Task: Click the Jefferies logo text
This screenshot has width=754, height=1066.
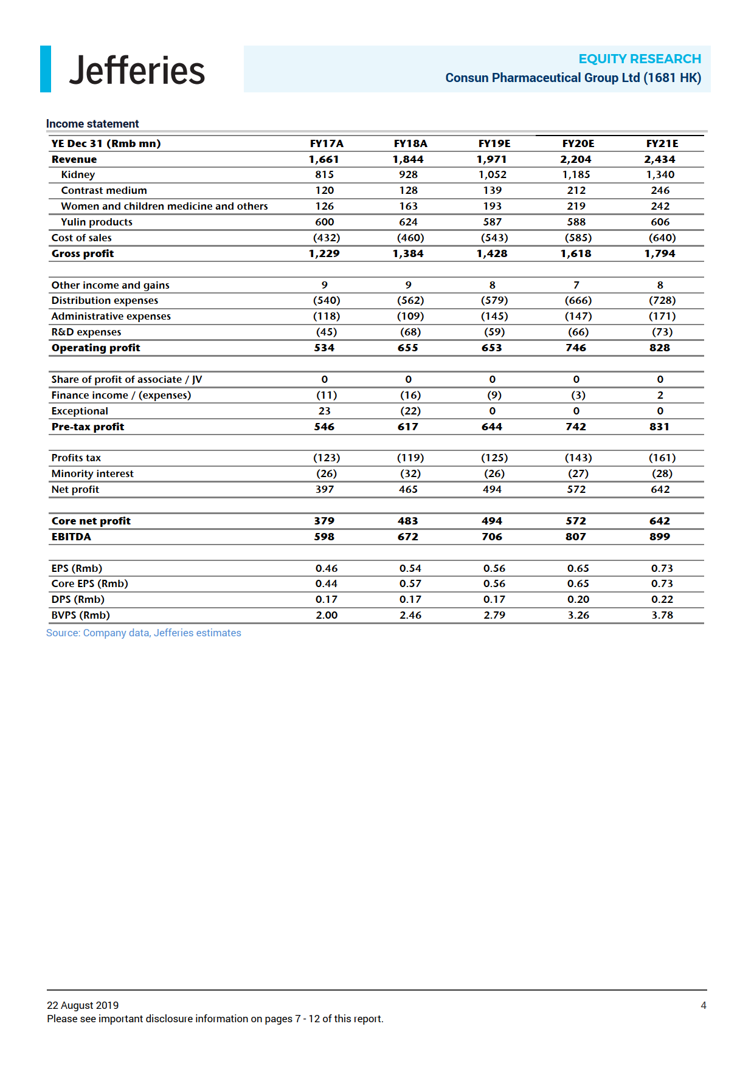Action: [137, 70]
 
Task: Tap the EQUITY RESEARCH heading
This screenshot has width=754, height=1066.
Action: [639, 59]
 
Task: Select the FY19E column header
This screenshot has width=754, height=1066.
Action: [494, 143]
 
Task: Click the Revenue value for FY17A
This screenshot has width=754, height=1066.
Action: [323, 159]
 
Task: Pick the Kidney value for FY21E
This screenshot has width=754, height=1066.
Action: [660, 174]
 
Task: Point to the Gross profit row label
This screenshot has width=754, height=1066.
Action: [83, 253]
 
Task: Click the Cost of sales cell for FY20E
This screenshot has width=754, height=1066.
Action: [578, 238]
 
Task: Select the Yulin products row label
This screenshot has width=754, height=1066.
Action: [97, 222]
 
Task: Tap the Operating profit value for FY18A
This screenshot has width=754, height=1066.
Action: [408, 348]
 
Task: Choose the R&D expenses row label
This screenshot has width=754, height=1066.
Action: [86, 332]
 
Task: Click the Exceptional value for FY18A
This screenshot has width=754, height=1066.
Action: [410, 411]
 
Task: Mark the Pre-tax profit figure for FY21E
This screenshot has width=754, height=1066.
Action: [659, 427]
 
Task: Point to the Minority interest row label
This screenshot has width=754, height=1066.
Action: [92, 473]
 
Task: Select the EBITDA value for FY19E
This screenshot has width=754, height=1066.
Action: [492, 537]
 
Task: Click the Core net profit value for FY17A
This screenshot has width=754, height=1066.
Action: [324, 521]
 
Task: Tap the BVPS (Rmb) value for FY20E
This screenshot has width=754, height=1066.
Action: [578, 615]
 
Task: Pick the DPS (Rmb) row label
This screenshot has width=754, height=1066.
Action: [78, 599]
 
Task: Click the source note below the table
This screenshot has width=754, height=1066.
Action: [144, 633]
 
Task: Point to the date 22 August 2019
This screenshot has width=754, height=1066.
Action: [83, 1005]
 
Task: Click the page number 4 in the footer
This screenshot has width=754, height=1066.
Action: [703, 1005]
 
